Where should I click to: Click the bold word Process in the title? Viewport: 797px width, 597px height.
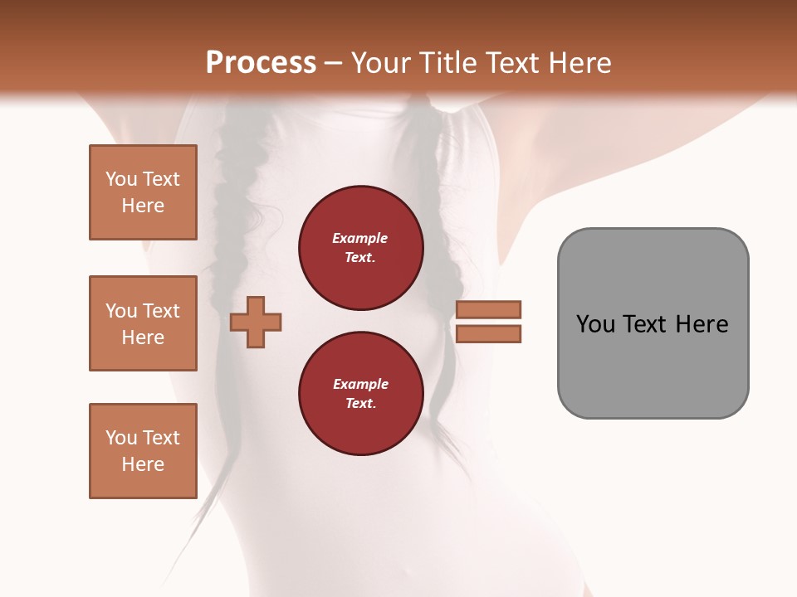(261, 63)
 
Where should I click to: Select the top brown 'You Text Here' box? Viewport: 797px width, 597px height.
(143, 192)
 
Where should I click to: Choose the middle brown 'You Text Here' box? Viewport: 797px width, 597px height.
(143, 323)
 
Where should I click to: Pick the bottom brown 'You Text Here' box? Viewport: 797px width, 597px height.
(143, 451)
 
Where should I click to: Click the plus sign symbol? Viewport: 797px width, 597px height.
(256, 322)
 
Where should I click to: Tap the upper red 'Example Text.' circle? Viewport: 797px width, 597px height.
(360, 248)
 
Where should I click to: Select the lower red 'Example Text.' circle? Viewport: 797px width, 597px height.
(360, 393)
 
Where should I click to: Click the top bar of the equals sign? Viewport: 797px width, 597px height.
(488, 309)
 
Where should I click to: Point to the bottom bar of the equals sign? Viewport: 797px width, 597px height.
(488, 334)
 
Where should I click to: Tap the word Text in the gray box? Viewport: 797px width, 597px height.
(646, 324)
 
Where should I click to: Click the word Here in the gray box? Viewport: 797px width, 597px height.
(702, 324)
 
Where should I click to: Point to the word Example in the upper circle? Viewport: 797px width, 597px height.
(360, 239)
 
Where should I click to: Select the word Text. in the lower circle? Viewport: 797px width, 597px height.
(360, 404)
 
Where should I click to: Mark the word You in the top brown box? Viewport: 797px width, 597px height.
(121, 179)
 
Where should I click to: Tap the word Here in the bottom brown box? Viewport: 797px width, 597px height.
(143, 464)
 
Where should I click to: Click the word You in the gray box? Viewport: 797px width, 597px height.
(595, 324)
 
